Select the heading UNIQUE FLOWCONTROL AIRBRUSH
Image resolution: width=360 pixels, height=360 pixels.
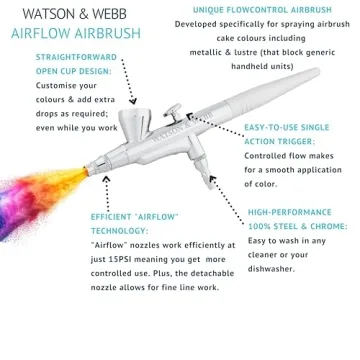(259, 8)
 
